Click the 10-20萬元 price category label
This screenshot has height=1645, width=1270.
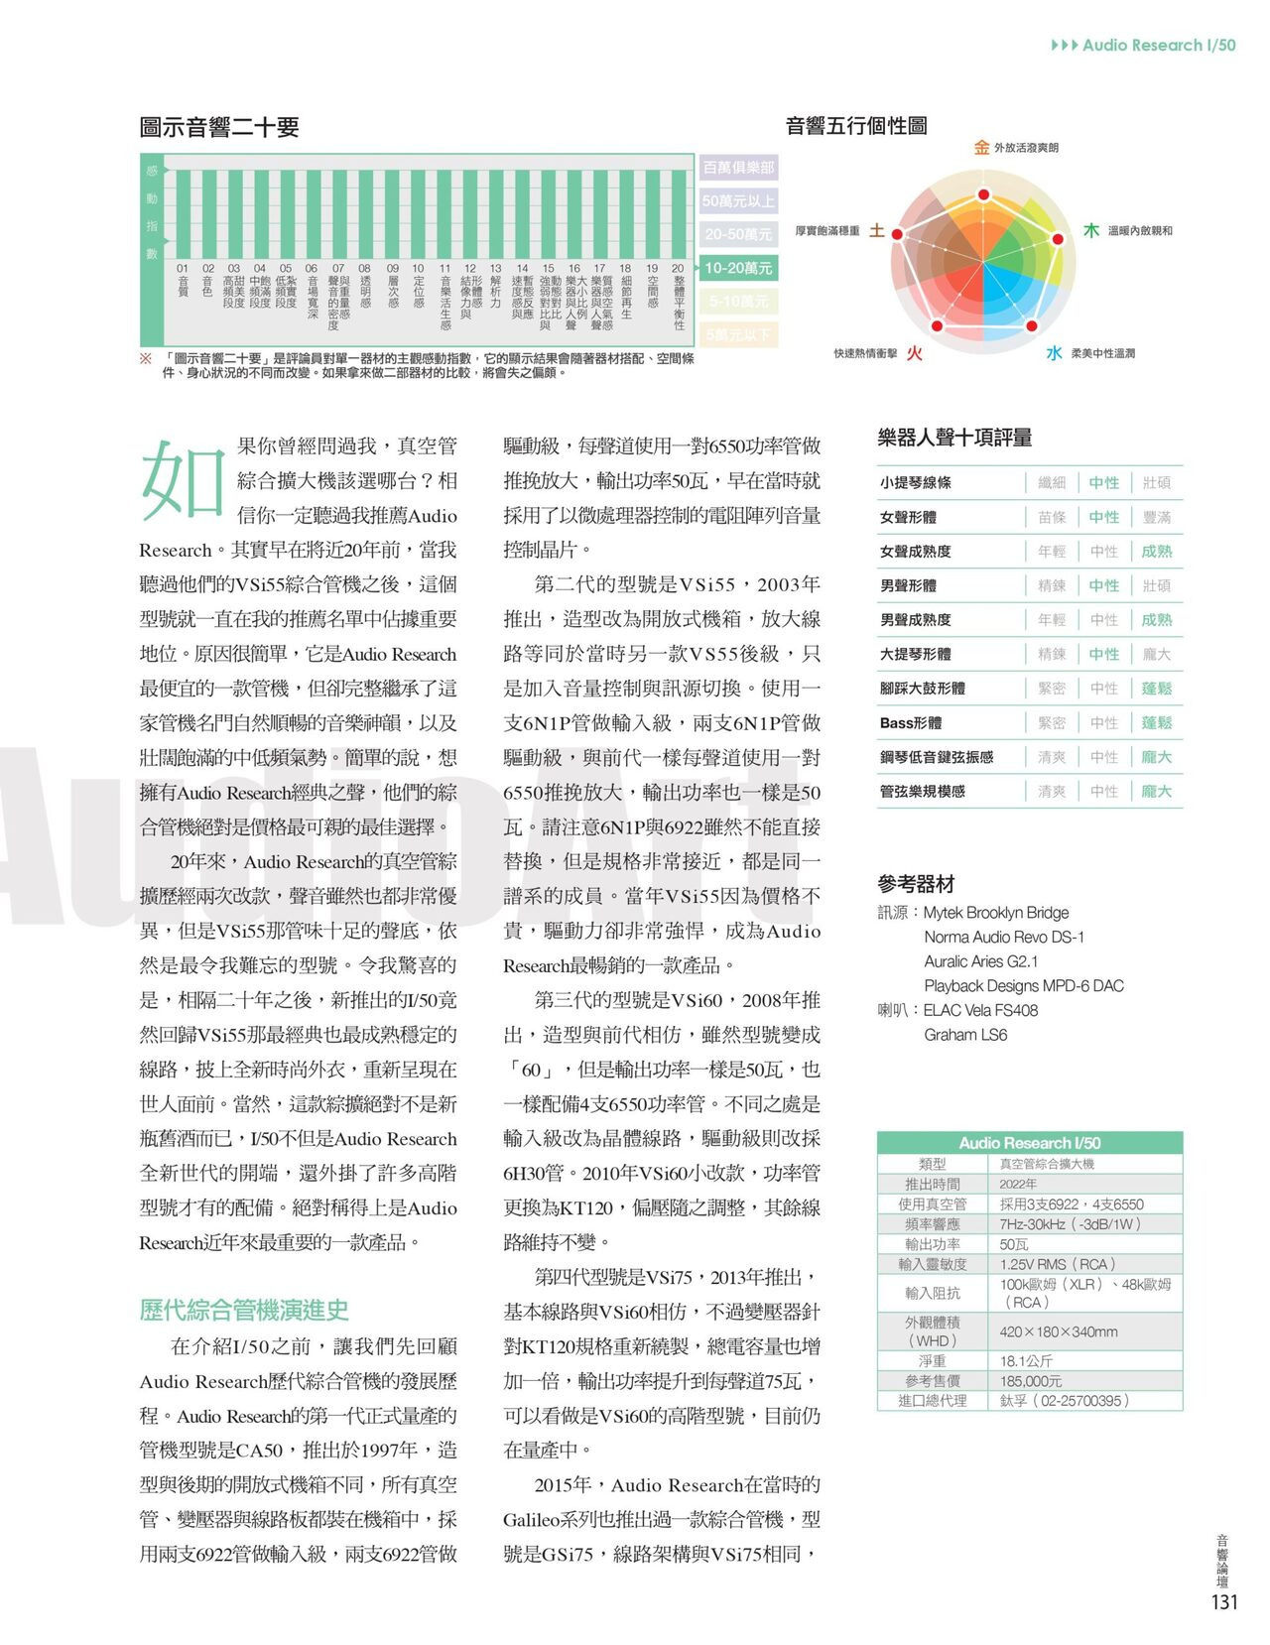click(x=737, y=268)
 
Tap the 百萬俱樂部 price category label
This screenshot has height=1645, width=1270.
click(x=737, y=168)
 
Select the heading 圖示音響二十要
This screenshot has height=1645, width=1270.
click(x=219, y=127)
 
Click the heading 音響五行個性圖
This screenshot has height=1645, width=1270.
click(x=856, y=126)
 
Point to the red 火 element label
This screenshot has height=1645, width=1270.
click(x=915, y=353)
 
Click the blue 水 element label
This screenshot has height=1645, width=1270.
click(x=1054, y=353)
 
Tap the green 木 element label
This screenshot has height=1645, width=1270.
click(x=1090, y=230)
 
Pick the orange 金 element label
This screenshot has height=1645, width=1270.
click(x=981, y=148)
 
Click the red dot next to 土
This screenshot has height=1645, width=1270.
click(x=897, y=234)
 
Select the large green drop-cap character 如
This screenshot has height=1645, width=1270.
click(x=182, y=480)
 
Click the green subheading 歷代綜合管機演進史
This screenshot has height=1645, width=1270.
click(x=244, y=1310)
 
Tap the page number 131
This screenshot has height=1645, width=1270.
click(x=1224, y=1602)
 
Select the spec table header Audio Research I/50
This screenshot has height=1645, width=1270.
click(x=1029, y=1143)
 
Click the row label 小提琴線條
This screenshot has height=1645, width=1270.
click(x=915, y=483)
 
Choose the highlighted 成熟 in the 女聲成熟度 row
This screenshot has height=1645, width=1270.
click(x=1156, y=552)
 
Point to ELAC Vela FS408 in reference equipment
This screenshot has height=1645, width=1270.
click(x=980, y=1010)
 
